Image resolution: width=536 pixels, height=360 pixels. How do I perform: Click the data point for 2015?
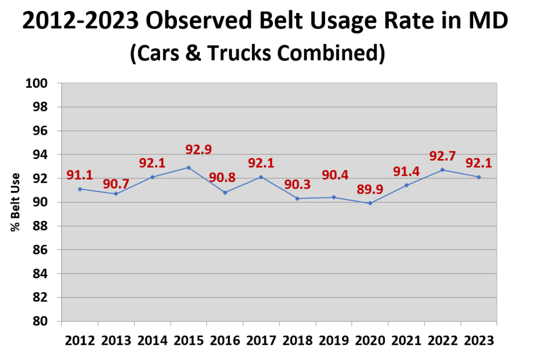click(x=188, y=167)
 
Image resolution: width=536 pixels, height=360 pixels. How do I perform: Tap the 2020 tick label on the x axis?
click(x=370, y=340)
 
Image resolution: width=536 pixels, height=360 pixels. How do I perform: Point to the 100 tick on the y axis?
click(x=40, y=83)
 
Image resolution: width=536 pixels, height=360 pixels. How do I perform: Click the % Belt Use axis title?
click(x=15, y=201)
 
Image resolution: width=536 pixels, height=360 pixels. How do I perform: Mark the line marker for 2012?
click(x=80, y=189)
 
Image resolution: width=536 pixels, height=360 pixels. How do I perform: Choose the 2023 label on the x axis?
click(x=479, y=340)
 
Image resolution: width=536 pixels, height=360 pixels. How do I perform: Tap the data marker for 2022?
click(x=442, y=170)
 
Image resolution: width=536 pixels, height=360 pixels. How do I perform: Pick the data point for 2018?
click(x=297, y=198)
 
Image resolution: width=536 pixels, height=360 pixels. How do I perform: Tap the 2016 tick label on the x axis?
click(x=225, y=340)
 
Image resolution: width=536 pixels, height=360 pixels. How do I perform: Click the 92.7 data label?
click(x=442, y=155)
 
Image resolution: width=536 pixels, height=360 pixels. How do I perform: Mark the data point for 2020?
click(x=370, y=203)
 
